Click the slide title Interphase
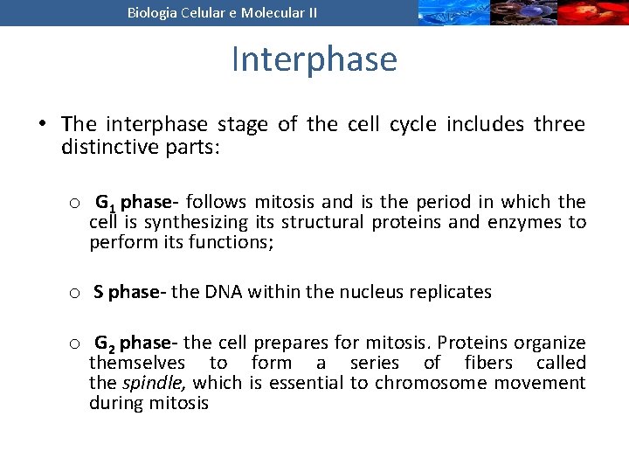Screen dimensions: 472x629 pyautogui.click(x=314, y=59)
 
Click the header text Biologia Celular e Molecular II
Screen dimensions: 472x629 pyautogui.click(x=222, y=12)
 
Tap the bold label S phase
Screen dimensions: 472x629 pyautogui.click(x=129, y=292)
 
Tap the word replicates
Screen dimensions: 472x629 pyautogui.click(x=451, y=292)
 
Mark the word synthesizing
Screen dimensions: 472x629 pyautogui.click(x=197, y=222)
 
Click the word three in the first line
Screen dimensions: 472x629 pyautogui.click(x=560, y=124)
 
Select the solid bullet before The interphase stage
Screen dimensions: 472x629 pyautogui.click(x=43, y=124)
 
